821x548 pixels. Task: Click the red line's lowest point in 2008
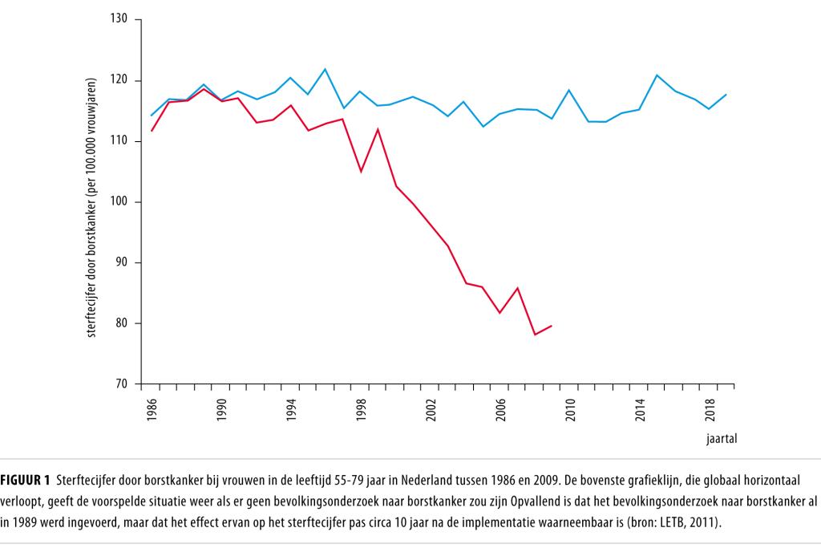pos(535,335)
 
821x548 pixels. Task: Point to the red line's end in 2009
pos(552,326)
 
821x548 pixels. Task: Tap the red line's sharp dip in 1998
pos(361,172)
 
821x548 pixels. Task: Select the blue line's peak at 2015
pos(657,75)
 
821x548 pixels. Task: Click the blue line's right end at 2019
pos(726,94)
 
